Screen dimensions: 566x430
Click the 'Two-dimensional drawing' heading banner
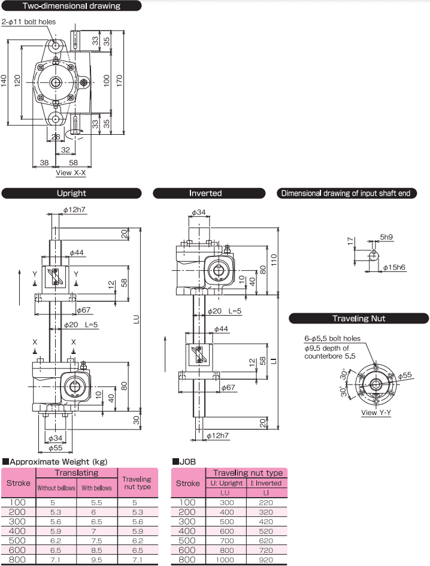click(x=71, y=6)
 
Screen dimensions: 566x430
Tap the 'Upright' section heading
click(x=71, y=193)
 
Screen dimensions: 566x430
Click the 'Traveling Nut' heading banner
click(x=359, y=319)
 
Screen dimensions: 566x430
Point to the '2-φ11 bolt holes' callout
click(x=29, y=22)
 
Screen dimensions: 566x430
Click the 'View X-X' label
click(x=71, y=172)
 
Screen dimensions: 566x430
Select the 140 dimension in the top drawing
click(x=5, y=80)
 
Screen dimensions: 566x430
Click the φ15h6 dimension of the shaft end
click(x=393, y=267)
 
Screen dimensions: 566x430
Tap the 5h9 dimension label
click(x=386, y=237)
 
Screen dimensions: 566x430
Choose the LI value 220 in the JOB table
click(x=264, y=502)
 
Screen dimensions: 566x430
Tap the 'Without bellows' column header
click(x=56, y=488)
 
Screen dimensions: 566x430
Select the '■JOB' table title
click(x=184, y=462)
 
